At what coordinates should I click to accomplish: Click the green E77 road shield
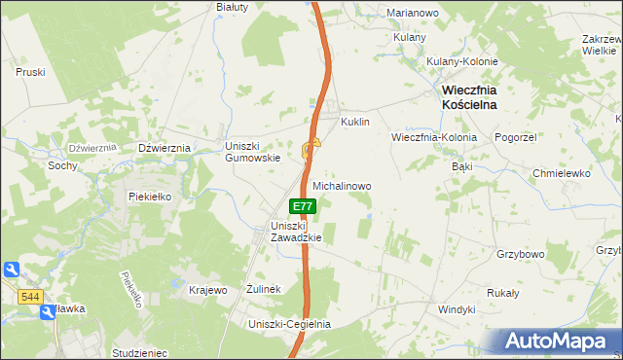303,206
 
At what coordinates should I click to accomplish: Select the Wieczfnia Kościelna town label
463,96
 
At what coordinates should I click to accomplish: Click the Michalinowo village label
342,184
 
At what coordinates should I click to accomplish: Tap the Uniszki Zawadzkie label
295,232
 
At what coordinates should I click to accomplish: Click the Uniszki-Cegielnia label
290,324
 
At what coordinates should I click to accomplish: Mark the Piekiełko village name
150,196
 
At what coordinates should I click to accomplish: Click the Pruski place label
32,72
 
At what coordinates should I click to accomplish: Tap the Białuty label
233,6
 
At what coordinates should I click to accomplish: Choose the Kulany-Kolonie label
462,61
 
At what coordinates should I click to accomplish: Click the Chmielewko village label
562,173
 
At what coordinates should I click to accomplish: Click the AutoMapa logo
559,342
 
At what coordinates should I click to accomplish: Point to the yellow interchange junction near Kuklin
311,149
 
